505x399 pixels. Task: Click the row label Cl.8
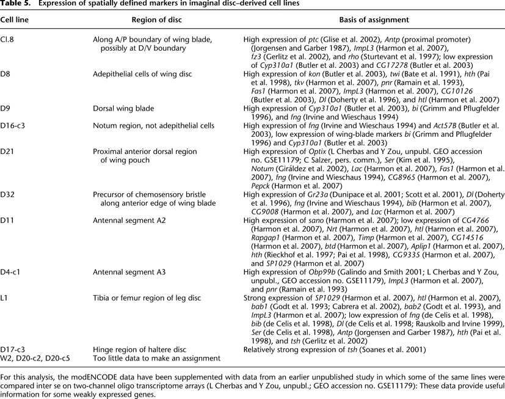point(7,40)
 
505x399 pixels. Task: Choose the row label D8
point(5,74)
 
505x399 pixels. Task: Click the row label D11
point(7,219)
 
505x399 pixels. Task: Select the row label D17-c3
point(12,348)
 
